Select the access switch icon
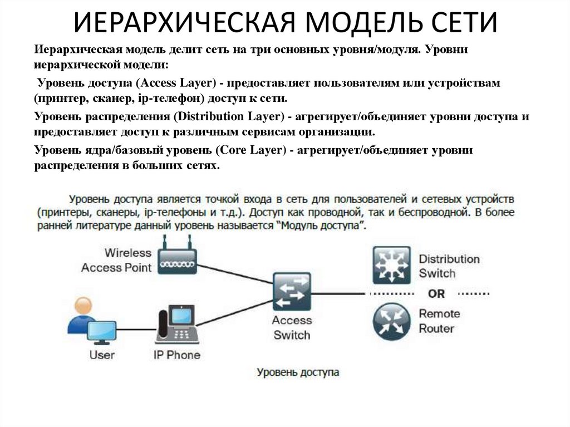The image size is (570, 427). [291, 292]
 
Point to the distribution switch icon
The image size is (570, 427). [391, 264]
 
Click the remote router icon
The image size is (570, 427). [391, 322]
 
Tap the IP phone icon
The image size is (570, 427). [177, 326]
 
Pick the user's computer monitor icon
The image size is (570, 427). [102, 332]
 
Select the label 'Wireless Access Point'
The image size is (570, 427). [116, 260]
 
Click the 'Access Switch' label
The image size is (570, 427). [292, 327]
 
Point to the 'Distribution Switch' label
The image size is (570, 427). [449, 266]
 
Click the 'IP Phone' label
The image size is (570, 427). [176, 355]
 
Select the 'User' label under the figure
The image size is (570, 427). [102, 355]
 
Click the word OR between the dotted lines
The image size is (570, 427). [436, 293]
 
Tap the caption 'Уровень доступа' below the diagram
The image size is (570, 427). [298, 372]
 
